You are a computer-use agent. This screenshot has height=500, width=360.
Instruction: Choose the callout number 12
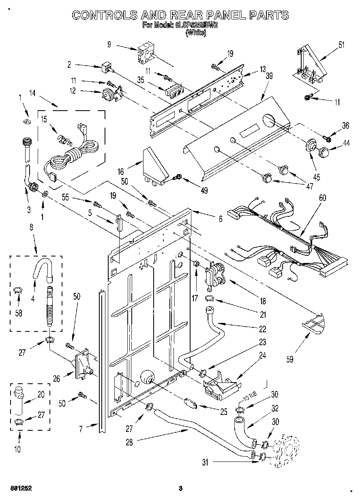[x=73, y=91]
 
